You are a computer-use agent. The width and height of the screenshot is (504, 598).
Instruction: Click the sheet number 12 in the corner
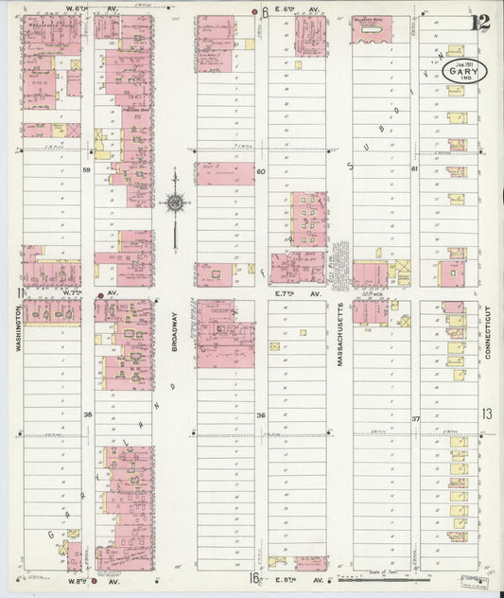483,22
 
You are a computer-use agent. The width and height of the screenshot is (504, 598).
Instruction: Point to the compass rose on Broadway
175,202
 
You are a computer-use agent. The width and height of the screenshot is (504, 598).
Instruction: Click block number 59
87,170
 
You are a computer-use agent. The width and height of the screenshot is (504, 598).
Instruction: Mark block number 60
261,171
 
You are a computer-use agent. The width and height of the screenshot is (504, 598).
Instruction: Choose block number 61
414,168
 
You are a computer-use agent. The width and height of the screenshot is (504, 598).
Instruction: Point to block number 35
87,415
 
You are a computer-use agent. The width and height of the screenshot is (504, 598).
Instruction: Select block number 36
261,415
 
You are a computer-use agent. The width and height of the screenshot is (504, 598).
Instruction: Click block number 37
414,417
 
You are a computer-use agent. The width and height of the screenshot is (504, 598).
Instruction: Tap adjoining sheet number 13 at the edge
486,414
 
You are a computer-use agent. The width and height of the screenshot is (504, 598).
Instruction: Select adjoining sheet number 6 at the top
266,13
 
